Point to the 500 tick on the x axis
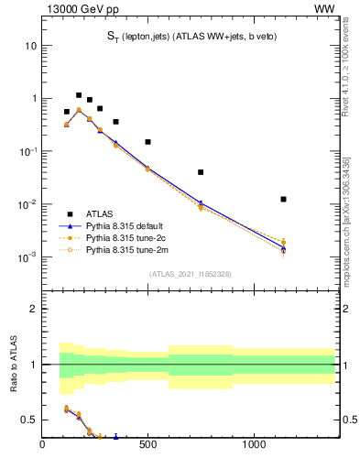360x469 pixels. tap(147, 446)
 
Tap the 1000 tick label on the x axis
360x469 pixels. tap(254, 446)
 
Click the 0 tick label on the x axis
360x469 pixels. tap(42, 446)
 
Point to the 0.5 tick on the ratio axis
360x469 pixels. tap(28, 420)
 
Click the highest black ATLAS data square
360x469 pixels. tap(79, 95)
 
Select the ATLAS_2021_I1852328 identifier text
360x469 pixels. tap(190, 274)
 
